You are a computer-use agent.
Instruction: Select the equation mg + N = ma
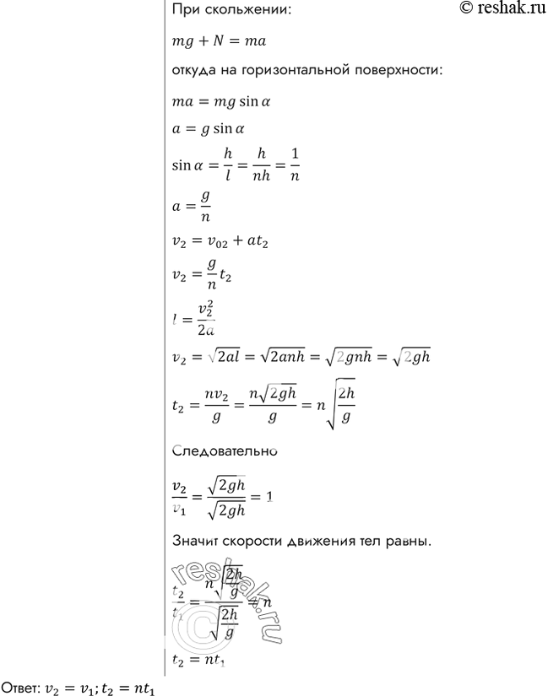pos(219,40)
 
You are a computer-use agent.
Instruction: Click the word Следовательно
pos(225,451)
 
